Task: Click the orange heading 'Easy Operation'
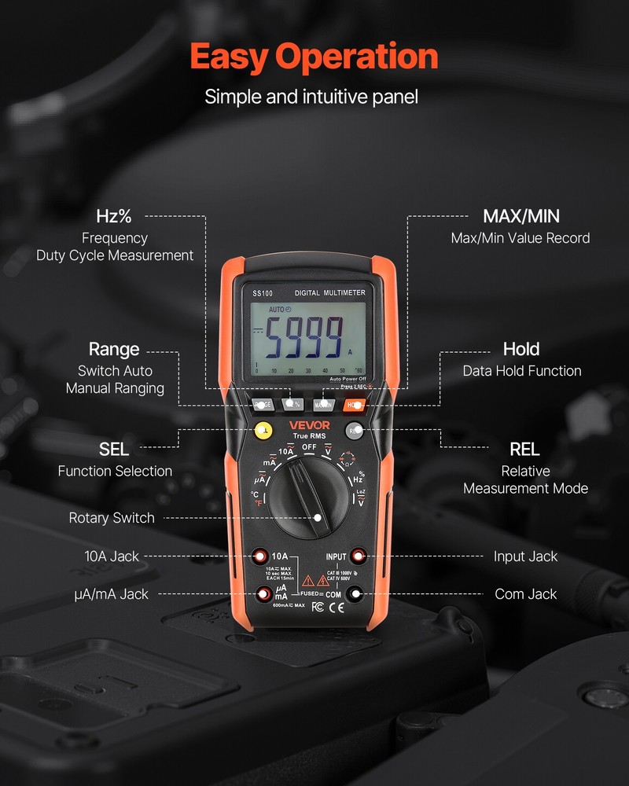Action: (314, 57)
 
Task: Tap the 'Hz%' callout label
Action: (114, 216)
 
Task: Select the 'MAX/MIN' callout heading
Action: (520, 216)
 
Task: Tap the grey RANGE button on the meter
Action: (263, 405)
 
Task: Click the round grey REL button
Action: (355, 430)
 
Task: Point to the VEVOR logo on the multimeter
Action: (310, 426)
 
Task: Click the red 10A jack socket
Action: (260, 556)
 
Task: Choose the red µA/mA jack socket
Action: (260, 594)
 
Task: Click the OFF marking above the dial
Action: (309, 447)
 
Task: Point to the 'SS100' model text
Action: (262, 293)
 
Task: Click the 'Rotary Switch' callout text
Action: (112, 518)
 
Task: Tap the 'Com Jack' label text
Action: (525, 594)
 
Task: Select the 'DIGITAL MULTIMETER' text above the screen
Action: (329, 292)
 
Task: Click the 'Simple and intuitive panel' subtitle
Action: (311, 97)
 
